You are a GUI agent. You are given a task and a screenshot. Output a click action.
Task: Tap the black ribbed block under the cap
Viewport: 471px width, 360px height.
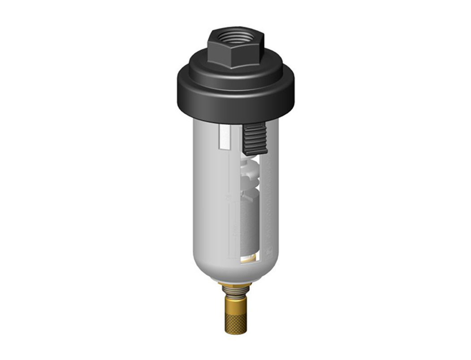[254, 139]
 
